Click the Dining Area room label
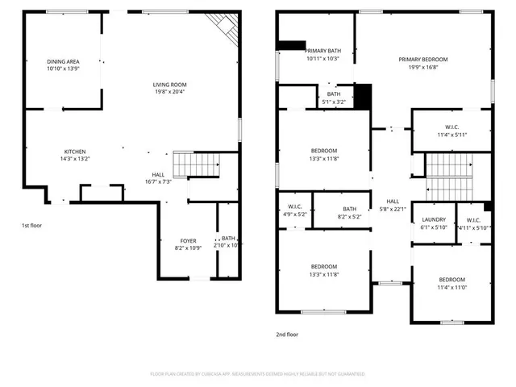coord(63,61)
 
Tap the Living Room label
coord(170,85)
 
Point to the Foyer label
coord(187,240)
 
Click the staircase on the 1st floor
coord(198,164)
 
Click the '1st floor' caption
coord(32,226)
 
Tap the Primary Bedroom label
coord(422,60)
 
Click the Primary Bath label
coord(322,51)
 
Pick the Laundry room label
coord(434,219)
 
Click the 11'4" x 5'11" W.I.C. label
coord(451,126)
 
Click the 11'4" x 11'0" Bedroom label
coord(451,280)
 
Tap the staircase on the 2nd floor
coord(451,177)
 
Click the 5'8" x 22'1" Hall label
coord(393,202)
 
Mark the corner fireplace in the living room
coord(228,30)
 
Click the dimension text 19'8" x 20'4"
coord(170,91)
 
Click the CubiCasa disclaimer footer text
coord(258,374)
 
